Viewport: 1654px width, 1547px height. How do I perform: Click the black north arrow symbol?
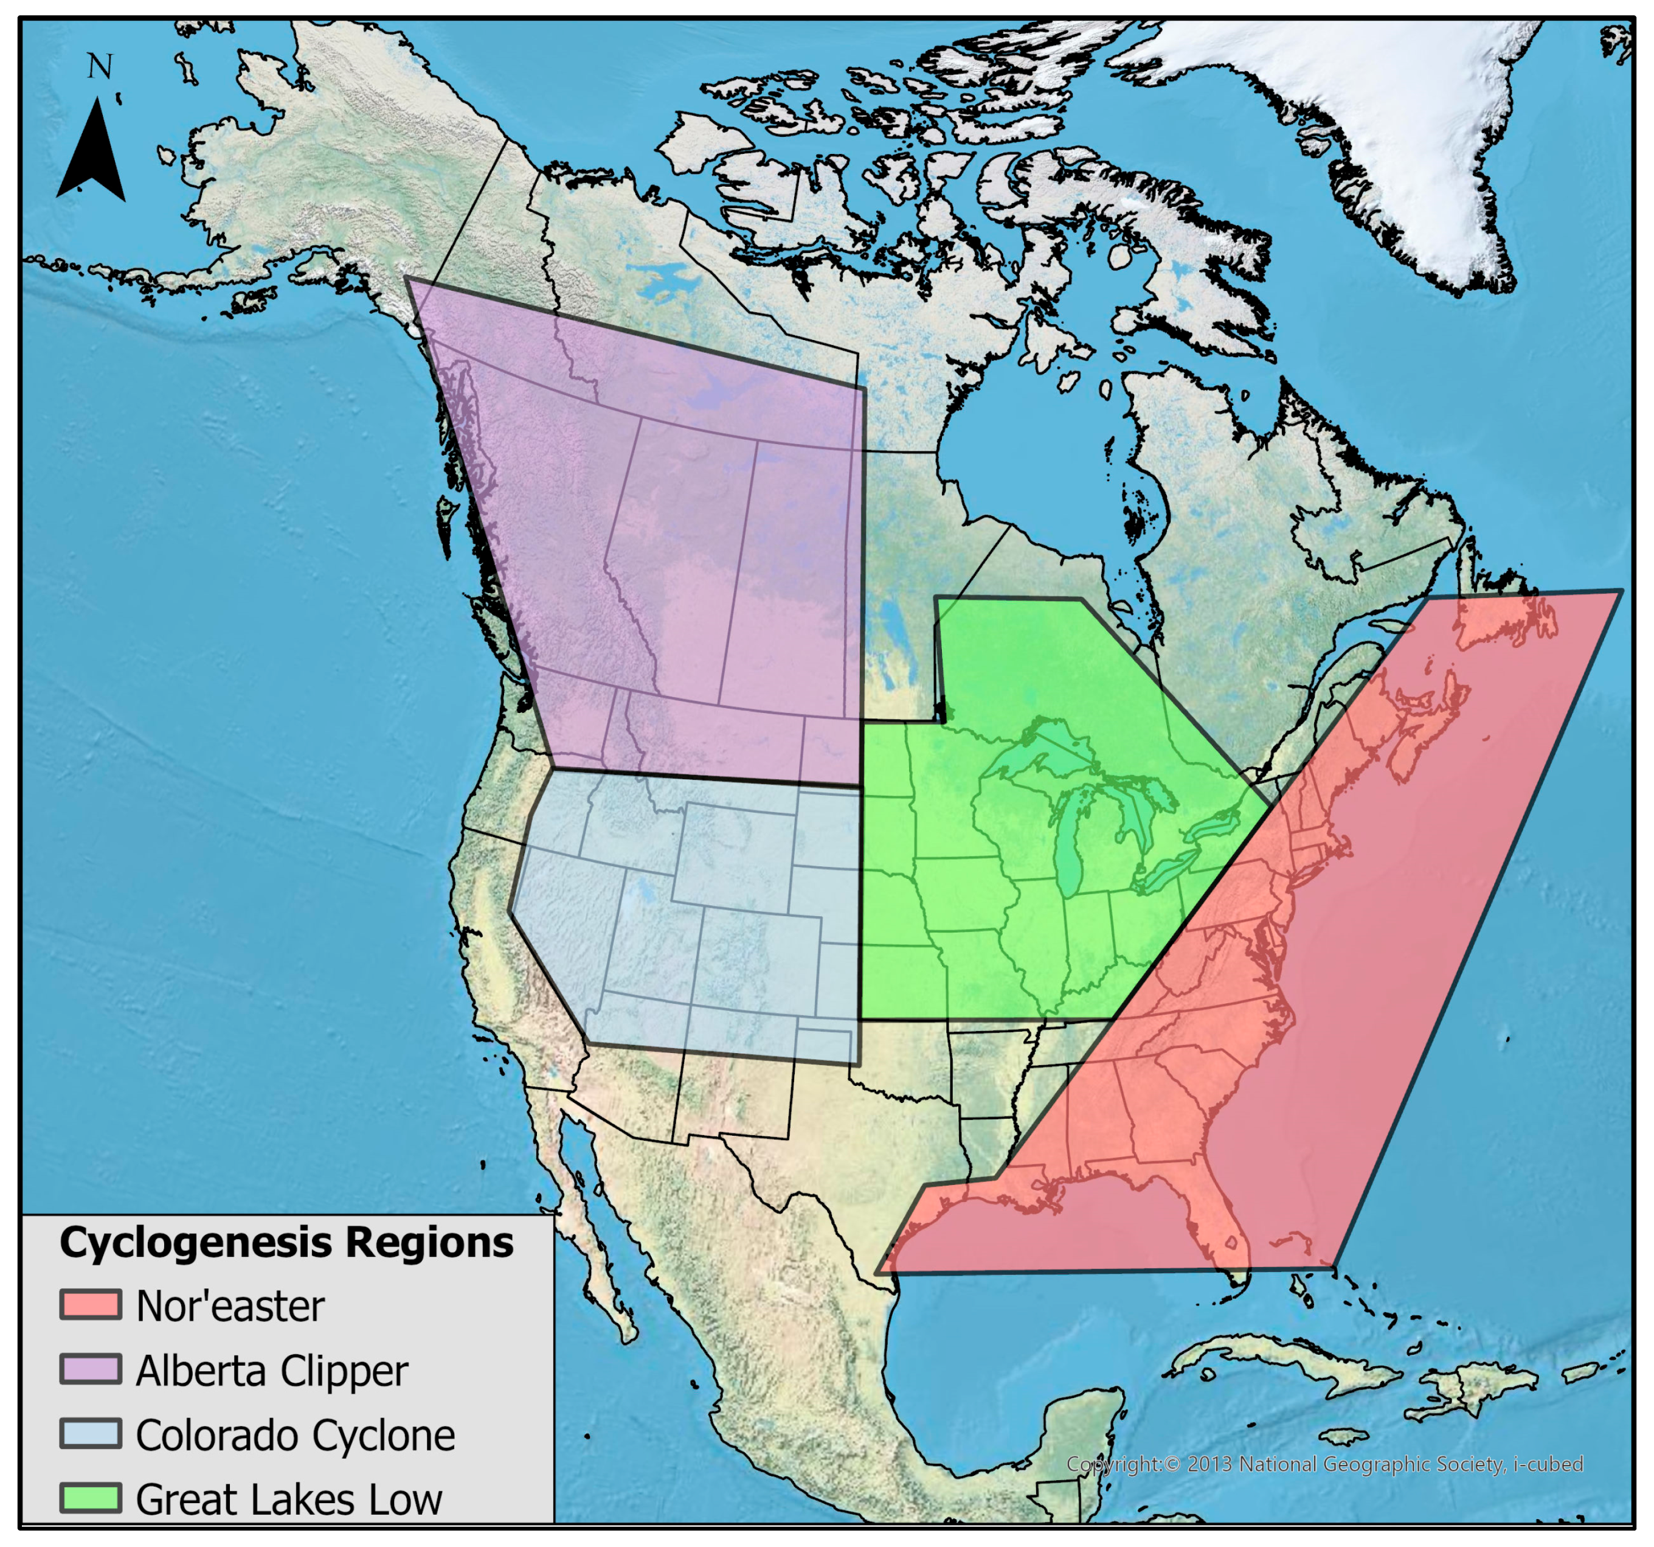tap(92, 154)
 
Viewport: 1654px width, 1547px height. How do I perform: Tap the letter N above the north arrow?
tap(100, 66)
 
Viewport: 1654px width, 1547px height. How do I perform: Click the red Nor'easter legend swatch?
tap(91, 1304)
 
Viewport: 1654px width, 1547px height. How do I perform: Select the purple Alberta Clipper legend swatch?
tap(91, 1369)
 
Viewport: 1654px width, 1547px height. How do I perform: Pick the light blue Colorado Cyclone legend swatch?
tap(91, 1433)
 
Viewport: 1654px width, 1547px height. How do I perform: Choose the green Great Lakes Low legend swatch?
tap(91, 1497)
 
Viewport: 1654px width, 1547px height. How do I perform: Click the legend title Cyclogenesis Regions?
tap(286, 1242)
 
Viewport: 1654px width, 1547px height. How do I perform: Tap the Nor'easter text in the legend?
tap(230, 1305)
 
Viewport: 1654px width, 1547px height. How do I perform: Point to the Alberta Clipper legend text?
tap(271, 1371)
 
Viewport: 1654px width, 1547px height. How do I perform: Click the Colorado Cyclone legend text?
tap(296, 1434)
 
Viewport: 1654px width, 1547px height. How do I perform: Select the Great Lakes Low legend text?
tap(289, 1499)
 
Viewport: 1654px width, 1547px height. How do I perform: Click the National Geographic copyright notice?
tap(1324, 1464)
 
